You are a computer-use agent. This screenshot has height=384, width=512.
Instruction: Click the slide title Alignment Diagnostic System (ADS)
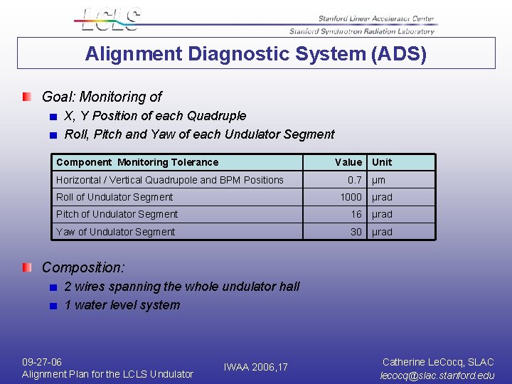coord(256,54)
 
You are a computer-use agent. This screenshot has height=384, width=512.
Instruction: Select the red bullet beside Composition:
coord(26,267)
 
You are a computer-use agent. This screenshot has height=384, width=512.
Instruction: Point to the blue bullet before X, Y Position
coord(53,117)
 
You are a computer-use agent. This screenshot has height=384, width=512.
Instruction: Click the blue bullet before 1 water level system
coord(53,306)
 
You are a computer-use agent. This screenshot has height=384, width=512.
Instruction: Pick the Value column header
coord(348,162)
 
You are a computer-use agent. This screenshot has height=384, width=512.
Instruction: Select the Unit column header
coord(382,162)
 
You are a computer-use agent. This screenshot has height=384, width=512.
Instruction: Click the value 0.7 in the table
coord(354,180)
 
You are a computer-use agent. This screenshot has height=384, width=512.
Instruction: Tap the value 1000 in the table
coord(351,197)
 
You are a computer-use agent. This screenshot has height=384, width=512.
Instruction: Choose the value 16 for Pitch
coord(356,214)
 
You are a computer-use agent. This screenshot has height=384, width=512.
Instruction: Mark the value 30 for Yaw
coord(356,232)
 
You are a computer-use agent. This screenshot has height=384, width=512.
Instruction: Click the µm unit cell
coord(378,180)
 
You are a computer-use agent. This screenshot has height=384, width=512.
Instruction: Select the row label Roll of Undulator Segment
coord(114,197)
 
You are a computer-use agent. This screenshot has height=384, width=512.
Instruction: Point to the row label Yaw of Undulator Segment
coord(115,232)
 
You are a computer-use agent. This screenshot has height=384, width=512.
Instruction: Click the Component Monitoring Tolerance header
coord(137,162)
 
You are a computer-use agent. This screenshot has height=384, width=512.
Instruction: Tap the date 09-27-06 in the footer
coord(42,362)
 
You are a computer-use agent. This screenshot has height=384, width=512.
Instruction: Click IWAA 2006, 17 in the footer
coord(255,367)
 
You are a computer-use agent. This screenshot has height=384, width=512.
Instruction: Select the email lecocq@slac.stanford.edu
coord(437,375)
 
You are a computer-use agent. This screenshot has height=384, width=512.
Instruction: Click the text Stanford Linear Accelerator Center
coord(376,19)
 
